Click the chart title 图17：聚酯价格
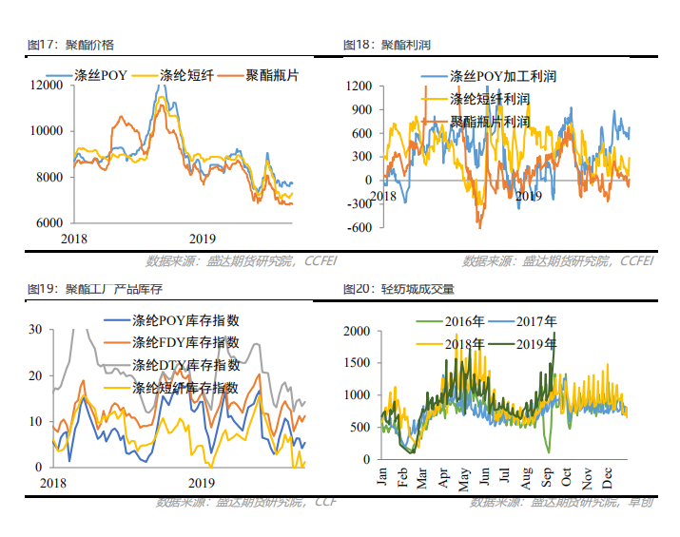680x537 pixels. click(71, 45)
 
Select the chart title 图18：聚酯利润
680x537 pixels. click(386, 45)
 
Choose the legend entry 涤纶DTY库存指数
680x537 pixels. click(185, 365)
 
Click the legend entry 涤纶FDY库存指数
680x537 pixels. click(185, 342)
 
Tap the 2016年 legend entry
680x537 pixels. click(464, 322)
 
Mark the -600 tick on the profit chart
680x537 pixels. click(359, 227)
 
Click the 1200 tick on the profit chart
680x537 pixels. click(359, 86)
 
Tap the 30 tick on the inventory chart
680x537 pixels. click(37, 330)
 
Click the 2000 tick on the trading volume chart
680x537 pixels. click(357, 331)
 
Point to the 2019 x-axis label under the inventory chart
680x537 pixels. click(202, 482)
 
